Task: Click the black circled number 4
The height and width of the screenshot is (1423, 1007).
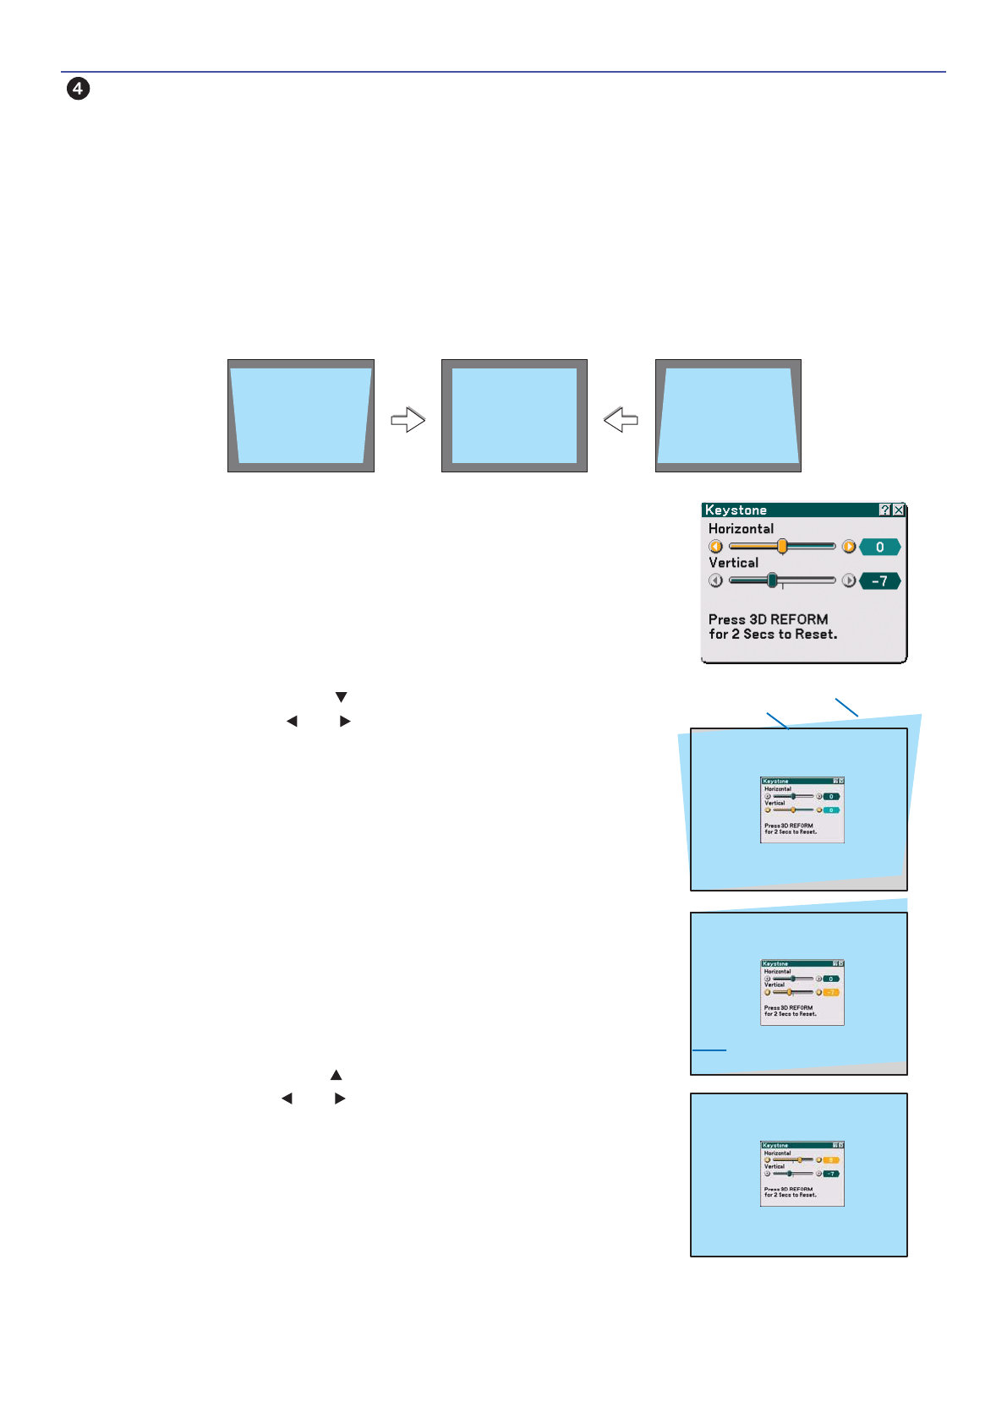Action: [78, 89]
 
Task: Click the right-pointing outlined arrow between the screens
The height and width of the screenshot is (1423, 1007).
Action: [408, 420]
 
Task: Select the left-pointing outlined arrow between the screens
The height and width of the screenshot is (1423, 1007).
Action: [621, 420]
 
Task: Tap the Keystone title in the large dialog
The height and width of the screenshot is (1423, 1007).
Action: [736, 510]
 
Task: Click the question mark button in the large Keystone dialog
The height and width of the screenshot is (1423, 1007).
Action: [884, 510]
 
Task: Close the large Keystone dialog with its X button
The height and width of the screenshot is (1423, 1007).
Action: [899, 510]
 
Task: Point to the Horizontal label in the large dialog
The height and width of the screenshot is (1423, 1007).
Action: [741, 529]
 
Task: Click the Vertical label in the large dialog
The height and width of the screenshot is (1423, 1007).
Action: [733, 563]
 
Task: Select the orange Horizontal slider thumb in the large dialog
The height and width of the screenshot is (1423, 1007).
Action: [782, 547]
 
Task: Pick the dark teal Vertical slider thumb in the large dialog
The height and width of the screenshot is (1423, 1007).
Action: [772, 581]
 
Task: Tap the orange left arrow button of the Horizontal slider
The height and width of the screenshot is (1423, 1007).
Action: [716, 547]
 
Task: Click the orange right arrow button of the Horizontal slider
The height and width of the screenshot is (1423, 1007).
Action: [849, 547]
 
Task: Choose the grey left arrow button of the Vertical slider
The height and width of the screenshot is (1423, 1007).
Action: [716, 581]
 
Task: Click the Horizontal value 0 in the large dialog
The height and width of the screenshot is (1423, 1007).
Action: [879, 548]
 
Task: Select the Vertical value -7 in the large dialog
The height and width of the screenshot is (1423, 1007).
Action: [879, 581]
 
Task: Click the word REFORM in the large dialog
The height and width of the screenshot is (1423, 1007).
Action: [799, 619]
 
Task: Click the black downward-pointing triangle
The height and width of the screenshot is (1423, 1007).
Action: [342, 697]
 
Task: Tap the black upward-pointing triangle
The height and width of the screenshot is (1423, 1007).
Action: [337, 1075]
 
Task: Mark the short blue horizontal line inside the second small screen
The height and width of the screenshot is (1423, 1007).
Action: [709, 1050]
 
